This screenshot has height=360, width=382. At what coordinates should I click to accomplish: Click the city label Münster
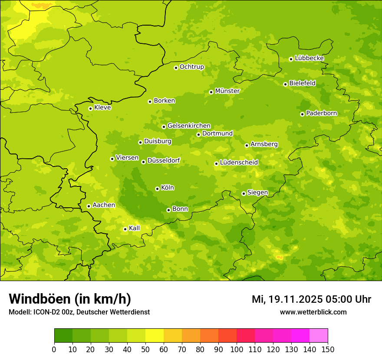point(227,91)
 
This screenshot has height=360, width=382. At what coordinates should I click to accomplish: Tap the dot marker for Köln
point(157,189)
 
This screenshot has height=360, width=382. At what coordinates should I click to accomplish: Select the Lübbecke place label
point(309,58)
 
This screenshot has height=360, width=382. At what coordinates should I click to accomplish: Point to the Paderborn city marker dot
point(302,114)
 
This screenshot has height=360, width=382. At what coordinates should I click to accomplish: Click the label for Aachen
point(104,205)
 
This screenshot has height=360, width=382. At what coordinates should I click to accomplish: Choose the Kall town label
point(134,228)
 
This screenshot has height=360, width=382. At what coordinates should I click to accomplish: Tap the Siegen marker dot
point(244,193)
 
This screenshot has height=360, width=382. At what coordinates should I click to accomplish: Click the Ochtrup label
point(191,67)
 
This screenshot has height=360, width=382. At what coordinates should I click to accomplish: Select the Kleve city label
point(102,108)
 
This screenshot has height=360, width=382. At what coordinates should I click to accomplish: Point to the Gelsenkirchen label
point(189,126)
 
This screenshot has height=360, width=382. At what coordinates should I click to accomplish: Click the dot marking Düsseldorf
point(143,162)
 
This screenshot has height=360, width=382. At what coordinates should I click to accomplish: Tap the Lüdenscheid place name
point(239,163)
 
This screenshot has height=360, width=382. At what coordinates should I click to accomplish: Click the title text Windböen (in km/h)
point(70,299)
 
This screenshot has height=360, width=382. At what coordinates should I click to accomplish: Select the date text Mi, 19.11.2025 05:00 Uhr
point(311,299)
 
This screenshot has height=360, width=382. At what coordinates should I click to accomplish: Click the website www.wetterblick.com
point(313,312)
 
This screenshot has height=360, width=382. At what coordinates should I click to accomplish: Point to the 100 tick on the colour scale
point(237,349)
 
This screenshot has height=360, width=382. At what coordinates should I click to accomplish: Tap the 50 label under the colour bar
point(145,349)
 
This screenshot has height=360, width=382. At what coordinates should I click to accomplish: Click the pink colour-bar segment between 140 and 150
point(319,336)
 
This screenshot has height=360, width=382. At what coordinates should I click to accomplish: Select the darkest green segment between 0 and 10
point(63,336)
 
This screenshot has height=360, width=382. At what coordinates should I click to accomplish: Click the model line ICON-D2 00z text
point(79,312)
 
